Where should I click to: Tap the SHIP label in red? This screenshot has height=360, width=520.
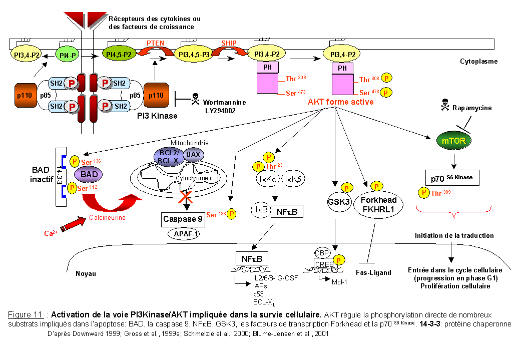[x=228, y=43]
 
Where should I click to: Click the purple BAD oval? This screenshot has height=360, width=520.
[x=88, y=174]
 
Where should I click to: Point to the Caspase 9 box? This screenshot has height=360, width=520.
[x=184, y=219]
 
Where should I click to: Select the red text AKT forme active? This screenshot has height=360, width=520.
[x=340, y=102]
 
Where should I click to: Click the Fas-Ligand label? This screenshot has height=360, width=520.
[x=374, y=272]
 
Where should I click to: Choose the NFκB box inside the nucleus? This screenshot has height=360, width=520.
[x=252, y=259]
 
